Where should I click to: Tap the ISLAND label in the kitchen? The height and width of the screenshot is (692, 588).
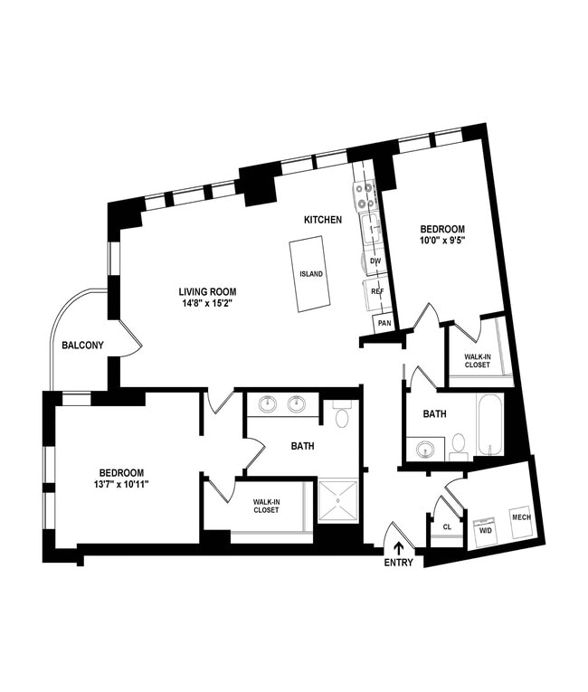point(311,274)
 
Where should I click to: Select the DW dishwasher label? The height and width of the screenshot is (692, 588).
point(376,261)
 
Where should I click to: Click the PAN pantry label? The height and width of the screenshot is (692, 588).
point(384,323)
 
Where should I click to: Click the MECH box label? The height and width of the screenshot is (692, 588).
point(521,517)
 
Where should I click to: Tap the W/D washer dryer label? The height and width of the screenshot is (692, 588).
point(484,530)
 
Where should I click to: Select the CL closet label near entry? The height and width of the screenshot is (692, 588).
point(447,526)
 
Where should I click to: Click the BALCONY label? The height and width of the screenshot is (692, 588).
point(83,345)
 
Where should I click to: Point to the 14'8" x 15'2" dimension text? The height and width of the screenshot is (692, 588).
point(207,303)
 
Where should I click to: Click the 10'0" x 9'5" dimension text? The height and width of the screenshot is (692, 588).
point(440,242)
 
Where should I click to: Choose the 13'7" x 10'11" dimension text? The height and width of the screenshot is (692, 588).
point(122,485)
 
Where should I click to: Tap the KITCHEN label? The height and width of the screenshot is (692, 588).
point(322,220)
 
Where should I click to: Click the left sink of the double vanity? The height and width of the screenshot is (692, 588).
point(268,404)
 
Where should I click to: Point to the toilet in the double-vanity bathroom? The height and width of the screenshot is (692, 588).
point(342,416)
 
